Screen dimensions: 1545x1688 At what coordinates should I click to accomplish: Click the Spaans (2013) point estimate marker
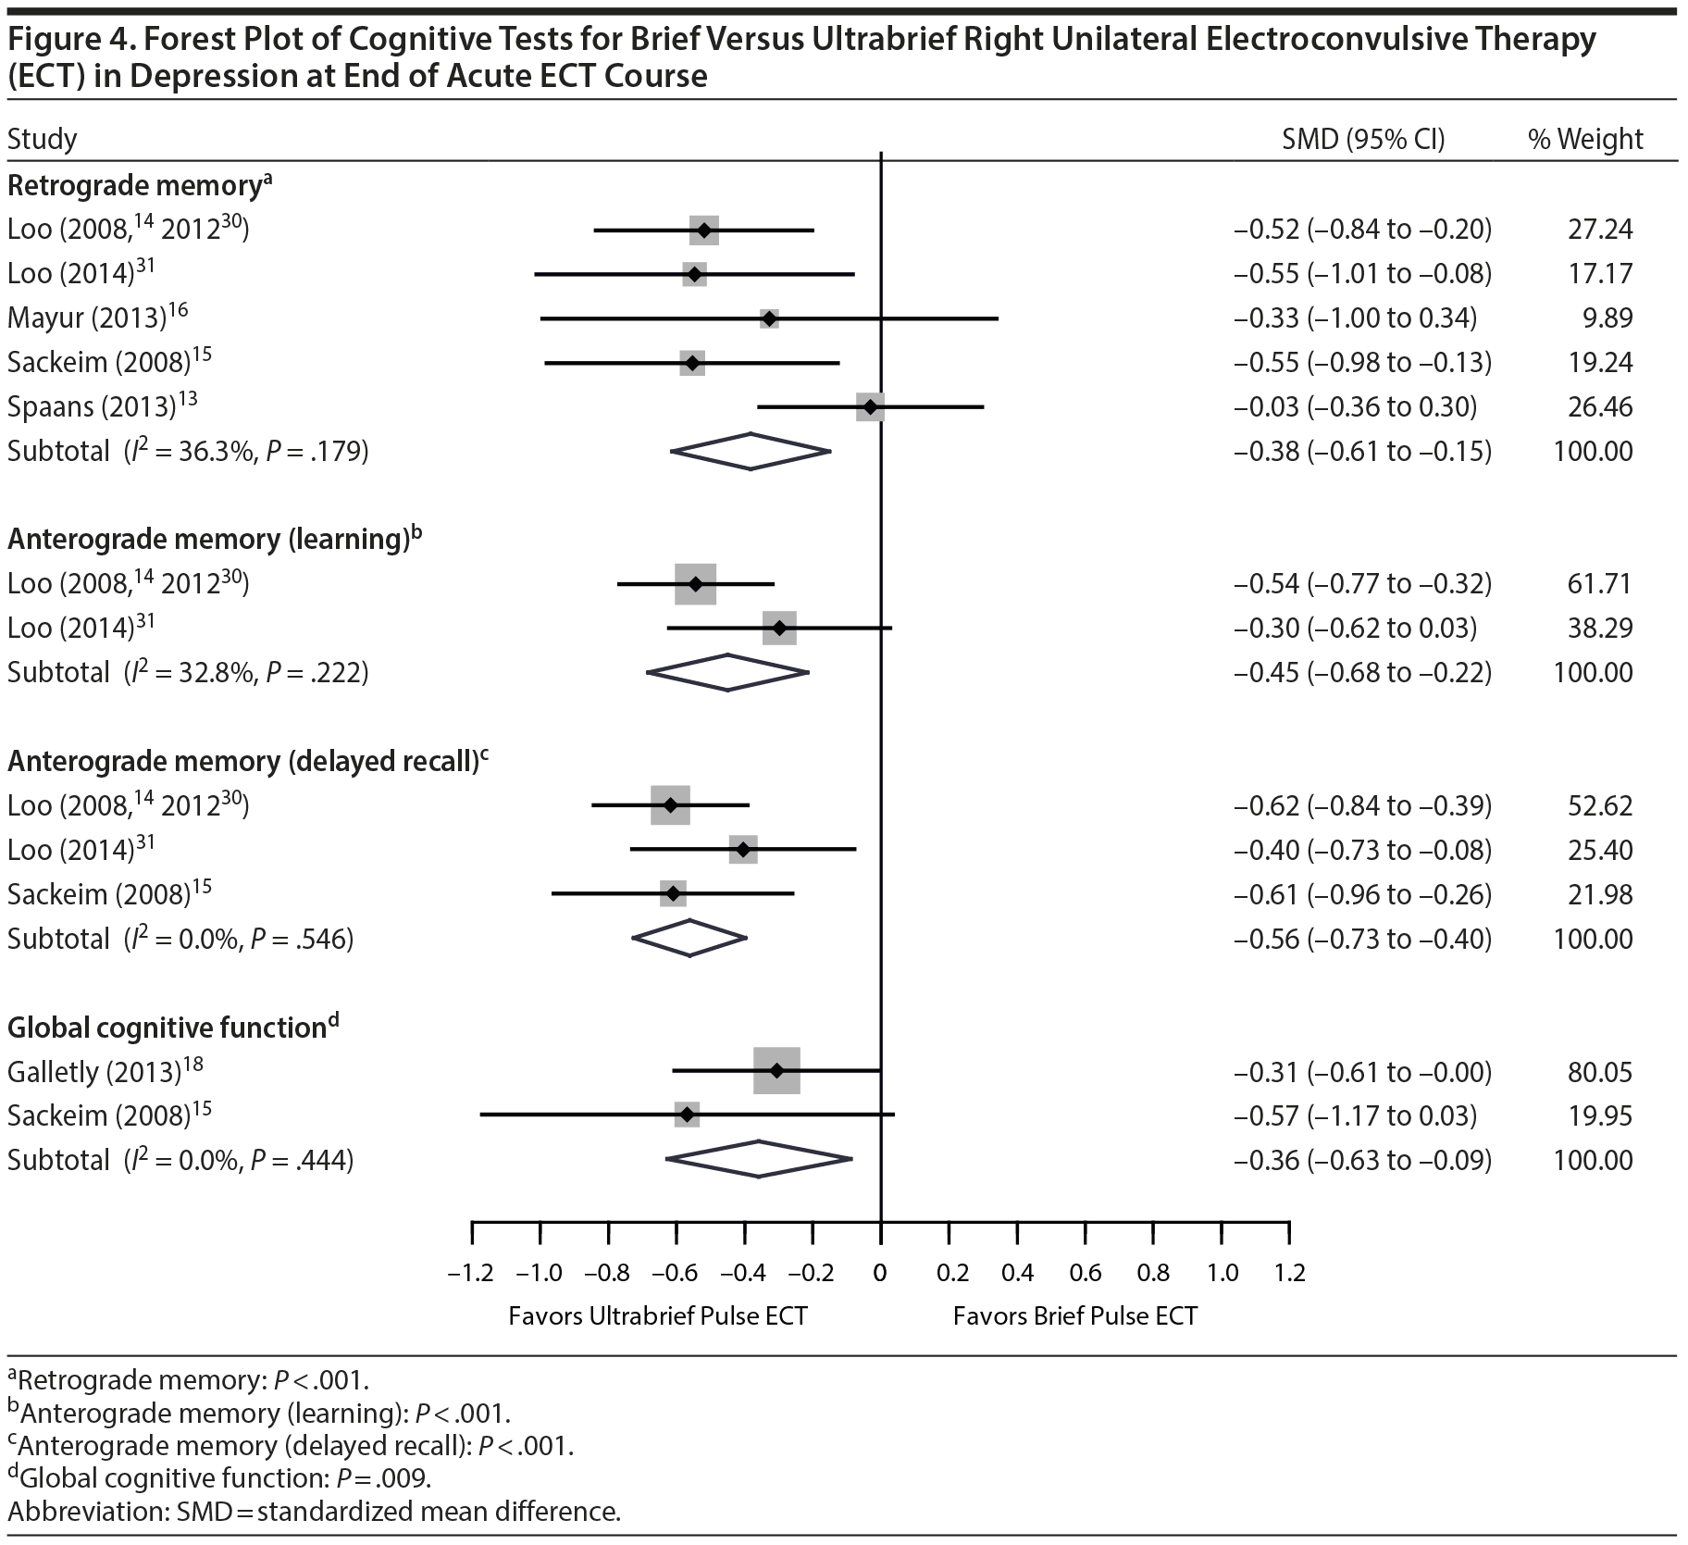pos(870,406)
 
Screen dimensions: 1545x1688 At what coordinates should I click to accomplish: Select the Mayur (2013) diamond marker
pos(768,318)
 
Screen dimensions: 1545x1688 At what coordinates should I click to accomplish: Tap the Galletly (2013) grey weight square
pos(776,1071)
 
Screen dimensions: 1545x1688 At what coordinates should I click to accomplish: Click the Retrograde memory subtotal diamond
pos(751,451)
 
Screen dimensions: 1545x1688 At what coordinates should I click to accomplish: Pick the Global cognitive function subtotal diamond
pos(759,1159)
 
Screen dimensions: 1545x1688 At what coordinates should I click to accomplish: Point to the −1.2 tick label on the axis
pos(470,1273)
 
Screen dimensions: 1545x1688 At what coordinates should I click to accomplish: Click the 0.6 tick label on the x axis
pos(1085,1273)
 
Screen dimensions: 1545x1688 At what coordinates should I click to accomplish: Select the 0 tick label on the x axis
pos(880,1273)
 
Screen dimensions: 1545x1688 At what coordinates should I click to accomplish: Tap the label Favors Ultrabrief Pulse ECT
pos(658,1315)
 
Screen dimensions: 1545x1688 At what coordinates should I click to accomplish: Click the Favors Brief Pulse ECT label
pos(1075,1315)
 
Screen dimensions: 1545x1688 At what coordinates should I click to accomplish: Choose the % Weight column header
pos(1585,139)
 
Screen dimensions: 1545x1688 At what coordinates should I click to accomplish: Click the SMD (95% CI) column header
pos(1362,139)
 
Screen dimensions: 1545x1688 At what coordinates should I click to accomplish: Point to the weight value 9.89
pos(1607,318)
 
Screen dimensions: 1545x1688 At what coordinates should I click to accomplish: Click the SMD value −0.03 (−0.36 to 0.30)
pos(1355,407)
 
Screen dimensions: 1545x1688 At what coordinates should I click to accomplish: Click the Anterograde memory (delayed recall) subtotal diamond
pos(689,938)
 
